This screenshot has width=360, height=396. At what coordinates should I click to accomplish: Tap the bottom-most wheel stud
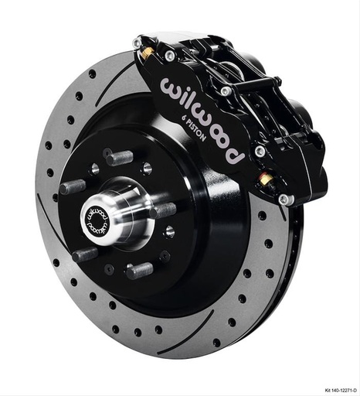[x=137, y=271]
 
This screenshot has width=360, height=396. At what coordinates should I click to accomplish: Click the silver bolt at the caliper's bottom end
[x=285, y=200]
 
